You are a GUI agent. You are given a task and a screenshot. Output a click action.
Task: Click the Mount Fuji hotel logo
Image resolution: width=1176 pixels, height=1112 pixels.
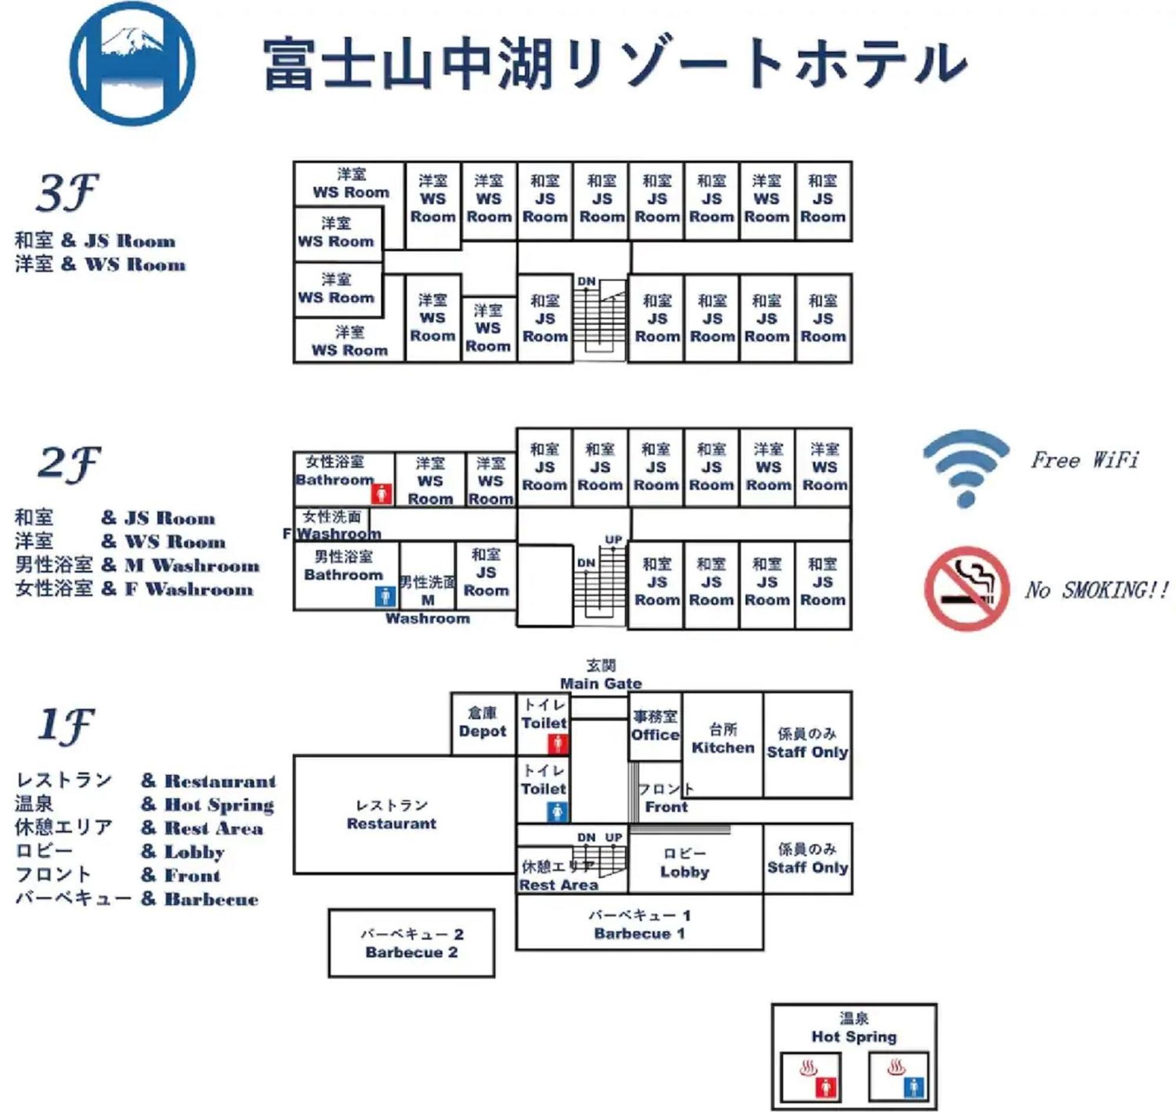pyautogui.click(x=132, y=63)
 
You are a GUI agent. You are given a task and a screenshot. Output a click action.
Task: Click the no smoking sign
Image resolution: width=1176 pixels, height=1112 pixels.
pyautogui.click(x=967, y=588)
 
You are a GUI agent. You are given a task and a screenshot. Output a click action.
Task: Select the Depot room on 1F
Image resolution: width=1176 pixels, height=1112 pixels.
pyautogui.click(x=482, y=723)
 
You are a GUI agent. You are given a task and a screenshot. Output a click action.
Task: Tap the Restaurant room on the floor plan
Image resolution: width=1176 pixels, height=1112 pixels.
pyautogui.click(x=392, y=814)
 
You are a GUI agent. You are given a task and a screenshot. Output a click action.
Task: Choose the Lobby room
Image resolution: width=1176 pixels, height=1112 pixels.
pyautogui.click(x=685, y=863)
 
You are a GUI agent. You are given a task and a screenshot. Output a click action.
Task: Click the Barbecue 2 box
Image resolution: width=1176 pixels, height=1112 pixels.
pyautogui.click(x=411, y=943)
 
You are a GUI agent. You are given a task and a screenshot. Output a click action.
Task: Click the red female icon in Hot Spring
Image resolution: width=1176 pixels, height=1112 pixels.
pyautogui.click(x=825, y=1088)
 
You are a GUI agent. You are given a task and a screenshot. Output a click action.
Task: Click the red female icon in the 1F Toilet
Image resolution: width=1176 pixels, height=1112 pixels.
pyautogui.click(x=558, y=743)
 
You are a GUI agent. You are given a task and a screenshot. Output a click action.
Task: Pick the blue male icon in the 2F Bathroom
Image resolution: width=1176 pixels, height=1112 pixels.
pyautogui.click(x=385, y=595)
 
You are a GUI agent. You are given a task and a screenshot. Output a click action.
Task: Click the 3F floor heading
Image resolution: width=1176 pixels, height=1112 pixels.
pyautogui.click(x=66, y=192)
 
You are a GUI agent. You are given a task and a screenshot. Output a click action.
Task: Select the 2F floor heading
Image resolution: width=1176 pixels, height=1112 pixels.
pyautogui.click(x=68, y=463)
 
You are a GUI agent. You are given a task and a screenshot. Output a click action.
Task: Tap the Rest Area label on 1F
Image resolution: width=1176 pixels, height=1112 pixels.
pyautogui.click(x=558, y=885)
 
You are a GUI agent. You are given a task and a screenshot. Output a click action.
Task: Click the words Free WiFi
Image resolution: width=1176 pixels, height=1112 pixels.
pyautogui.click(x=1085, y=460)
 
